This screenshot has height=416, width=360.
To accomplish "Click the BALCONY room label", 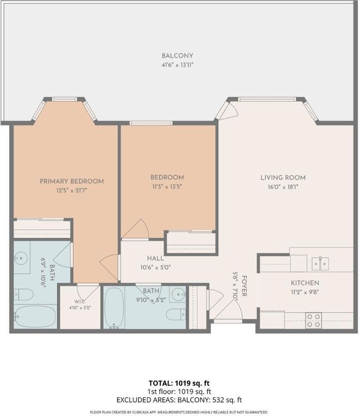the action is click(x=178, y=56).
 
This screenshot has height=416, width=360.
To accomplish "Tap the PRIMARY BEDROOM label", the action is click(x=71, y=181).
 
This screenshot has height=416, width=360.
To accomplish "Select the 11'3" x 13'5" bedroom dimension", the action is click(x=167, y=187).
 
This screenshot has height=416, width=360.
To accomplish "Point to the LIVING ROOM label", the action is click(x=283, y=178).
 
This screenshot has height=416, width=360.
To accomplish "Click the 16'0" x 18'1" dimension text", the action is click(x=283, y=187).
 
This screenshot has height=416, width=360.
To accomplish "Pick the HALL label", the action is click(x=155, y=258).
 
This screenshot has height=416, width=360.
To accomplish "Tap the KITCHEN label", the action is click(x=305, y=283).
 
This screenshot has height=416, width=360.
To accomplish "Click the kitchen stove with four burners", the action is click(x=314, y=321).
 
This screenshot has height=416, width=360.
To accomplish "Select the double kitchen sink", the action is click(x=320, y=264).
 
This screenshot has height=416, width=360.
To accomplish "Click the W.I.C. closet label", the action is click(x=80, y=302).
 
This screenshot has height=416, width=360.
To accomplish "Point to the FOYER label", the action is click(x=244, y=286).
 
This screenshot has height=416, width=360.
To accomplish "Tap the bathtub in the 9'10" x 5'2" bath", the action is click(x=114, y=308).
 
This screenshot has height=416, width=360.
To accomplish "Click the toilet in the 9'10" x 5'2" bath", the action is click(x=176, y=315).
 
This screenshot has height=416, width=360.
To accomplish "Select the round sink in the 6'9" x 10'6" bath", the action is click(x=21, y=258).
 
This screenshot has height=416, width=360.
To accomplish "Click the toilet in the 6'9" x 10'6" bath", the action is click(x=23, y=295).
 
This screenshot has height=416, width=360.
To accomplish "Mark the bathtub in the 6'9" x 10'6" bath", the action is click(x=35, y=317).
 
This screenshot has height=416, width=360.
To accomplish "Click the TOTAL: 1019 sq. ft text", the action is click(x=179, y=383).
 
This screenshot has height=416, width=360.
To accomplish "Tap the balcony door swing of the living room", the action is click(x=227, y=110).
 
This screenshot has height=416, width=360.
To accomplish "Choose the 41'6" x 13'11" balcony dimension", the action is click(x=178, y=65).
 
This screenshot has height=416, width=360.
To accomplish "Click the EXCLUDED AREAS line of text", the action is click(x=179, y=400).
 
